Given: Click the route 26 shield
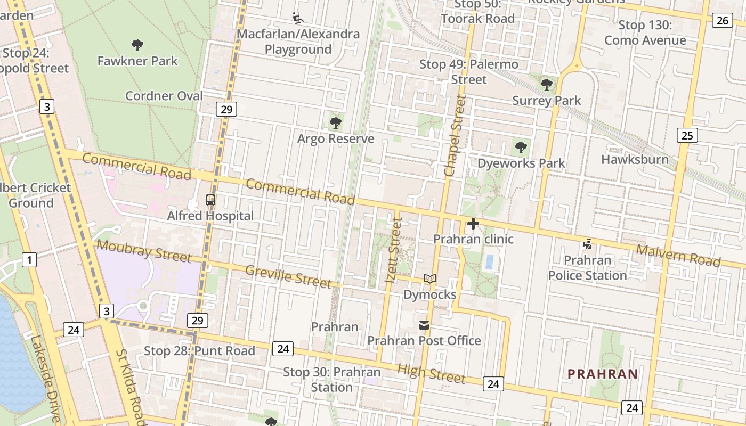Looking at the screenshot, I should pyautogui.click(x=721, y=20).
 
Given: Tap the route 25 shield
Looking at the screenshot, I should pyautogui.click(x=687, y=135).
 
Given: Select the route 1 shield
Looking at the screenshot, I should pyautogui.click(x=29, y=260).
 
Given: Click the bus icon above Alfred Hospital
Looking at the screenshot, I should pyautogui.click(x=210, y=201).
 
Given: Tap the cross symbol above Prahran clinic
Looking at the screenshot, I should pyautogui.click(x=473, y=224).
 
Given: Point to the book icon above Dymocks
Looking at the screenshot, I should pyautogui.click(x=430, y=278).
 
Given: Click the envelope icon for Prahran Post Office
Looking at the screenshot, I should pyautogui.click(x=424, y=325).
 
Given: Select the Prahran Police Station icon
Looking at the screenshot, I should pyautogui.click(x=587, y=244).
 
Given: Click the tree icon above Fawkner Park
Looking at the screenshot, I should pyautogui.click(x=137, y=45).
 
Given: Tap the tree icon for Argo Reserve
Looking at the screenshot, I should pyautogui.click(x=335, y=123).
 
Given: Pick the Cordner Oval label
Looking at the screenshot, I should pyautogui.click(x=164, y=96).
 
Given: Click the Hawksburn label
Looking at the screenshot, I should pyautogui.click(x=635, y=159).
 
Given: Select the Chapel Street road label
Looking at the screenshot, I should pyautogui.click(x=455, y=136).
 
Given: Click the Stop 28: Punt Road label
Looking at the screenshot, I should pyautogui.click(x=199, y=351).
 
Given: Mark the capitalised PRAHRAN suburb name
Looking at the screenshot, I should pyautogui.click(x=603, y=374).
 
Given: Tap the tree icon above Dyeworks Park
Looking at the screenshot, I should pyautogui.click(x=521, y=147).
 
